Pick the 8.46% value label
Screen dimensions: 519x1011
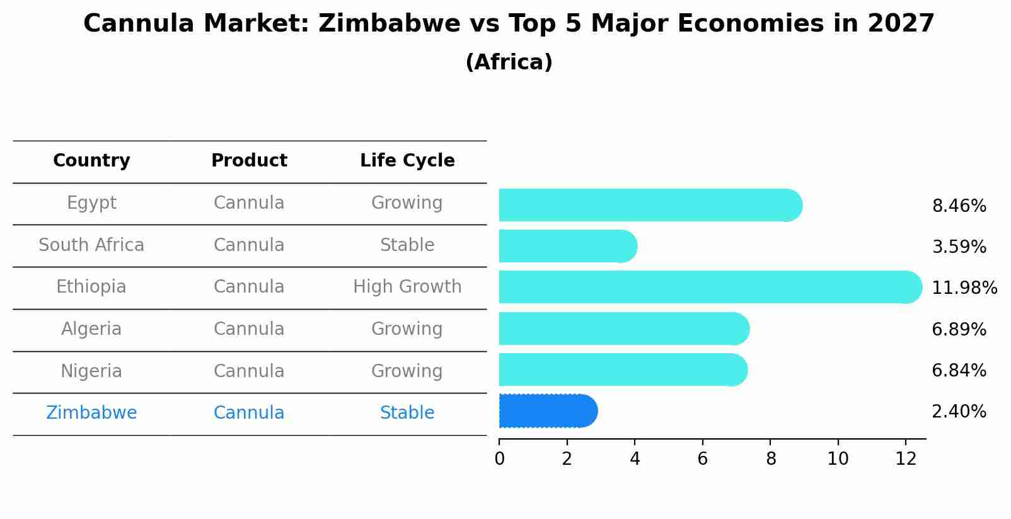point(959,206)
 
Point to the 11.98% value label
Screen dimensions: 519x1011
point(964,288)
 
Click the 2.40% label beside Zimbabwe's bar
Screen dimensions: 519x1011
point(959,412)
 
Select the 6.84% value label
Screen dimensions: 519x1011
point(959,371)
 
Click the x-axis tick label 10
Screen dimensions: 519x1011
point(838,459)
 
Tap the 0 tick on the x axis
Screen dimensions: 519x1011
point(499,459)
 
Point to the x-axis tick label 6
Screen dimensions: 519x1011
point(703,459)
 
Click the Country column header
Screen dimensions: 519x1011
point(91,161)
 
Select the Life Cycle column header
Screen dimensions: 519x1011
point(407,161)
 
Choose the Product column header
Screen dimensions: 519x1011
point(249,161)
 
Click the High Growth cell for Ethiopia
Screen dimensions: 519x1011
point(407,287)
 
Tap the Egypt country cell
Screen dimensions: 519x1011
point(91,203)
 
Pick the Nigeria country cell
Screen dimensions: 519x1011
point(91,371)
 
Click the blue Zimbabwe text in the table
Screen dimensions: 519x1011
point(91,413)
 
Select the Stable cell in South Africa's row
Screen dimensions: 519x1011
point(407,245)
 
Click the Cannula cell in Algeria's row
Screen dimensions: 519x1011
point(249,329)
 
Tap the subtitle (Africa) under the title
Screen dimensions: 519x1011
point(509,62)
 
